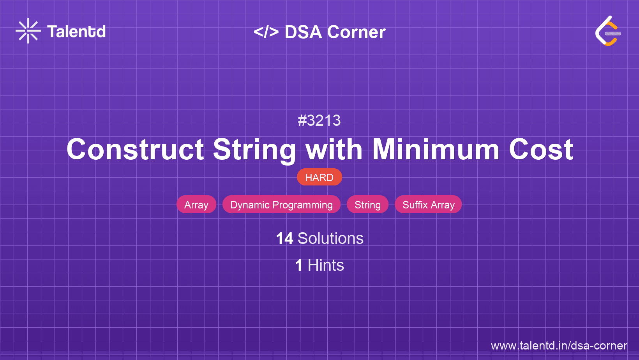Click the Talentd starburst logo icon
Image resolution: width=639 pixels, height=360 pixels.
coord(28,31)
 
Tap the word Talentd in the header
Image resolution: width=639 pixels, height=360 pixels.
coord(76,32)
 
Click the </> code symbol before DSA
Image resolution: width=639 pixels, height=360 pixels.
coord(266,32)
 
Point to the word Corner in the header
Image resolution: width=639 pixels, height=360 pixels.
coord(356,32)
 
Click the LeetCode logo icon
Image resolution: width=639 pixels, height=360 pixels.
coord(608,31)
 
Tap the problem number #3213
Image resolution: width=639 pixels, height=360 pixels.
coord(319,120)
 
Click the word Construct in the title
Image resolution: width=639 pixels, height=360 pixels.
coord(135,150)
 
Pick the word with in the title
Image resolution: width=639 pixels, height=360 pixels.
coord(334,149)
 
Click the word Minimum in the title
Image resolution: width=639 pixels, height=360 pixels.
coord(436,149)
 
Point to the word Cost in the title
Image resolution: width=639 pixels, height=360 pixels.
coord(541,150)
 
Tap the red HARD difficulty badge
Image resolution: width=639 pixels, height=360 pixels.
coord(319,177)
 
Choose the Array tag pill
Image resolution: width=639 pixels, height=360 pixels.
coord(196,204)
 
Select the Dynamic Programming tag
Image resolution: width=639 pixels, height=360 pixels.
coord(281,204)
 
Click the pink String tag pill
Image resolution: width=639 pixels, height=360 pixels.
coord(367,204)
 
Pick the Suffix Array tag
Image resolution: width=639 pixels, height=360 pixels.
coord(428,204)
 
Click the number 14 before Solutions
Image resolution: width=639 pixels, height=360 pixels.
coord(284,238)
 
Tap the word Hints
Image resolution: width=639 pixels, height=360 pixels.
coord(326,265)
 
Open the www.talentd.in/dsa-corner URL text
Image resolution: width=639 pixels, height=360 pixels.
coord(559,346)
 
